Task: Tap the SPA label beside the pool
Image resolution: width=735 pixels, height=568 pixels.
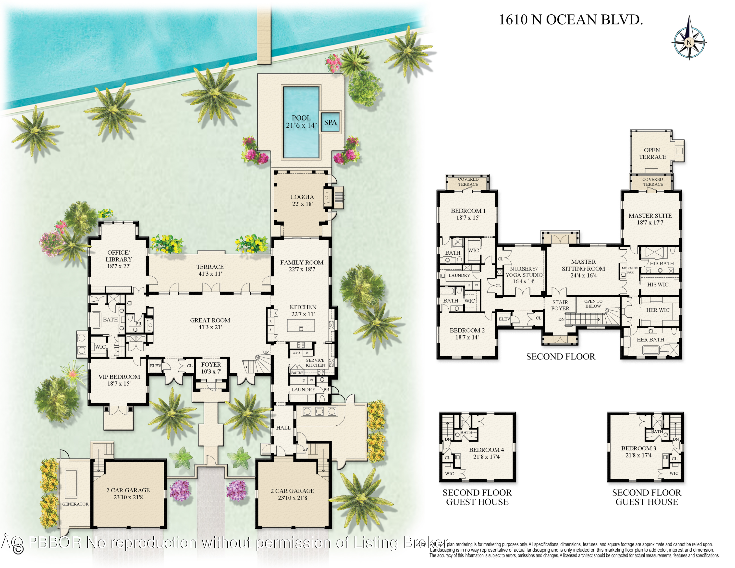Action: point(330,123)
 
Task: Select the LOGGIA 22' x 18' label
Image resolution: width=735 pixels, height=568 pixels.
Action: point(302,200)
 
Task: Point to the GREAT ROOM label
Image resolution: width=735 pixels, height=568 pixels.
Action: point(210,323)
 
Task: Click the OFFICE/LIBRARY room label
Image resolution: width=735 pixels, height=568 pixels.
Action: point(119,259)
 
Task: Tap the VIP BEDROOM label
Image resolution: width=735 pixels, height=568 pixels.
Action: point(119,380)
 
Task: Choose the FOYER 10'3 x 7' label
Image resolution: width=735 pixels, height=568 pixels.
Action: point(211,368)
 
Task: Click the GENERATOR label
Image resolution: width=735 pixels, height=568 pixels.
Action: point(75,504)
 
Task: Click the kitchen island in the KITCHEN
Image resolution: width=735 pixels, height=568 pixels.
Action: point(301,326)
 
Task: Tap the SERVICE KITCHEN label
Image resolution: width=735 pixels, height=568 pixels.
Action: point(315,362)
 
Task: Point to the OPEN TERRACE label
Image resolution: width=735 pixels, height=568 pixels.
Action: point(652,153)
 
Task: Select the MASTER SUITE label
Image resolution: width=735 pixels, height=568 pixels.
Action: point(650,219)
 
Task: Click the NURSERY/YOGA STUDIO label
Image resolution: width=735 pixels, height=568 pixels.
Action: point(524,275)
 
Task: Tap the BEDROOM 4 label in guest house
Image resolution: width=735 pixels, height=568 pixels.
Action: point(486,453)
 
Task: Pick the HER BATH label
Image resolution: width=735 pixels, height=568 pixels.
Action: point(650,340)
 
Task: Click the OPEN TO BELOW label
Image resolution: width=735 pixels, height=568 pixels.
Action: point(593,304)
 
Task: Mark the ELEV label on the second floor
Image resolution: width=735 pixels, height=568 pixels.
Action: point(504,319)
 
